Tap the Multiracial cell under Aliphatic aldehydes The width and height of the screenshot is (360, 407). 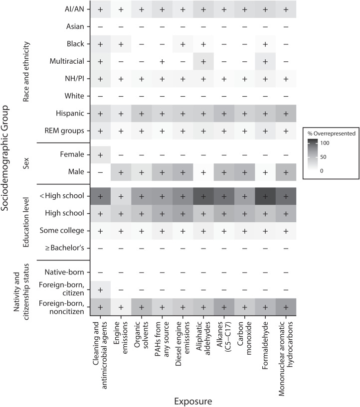click(202, 61)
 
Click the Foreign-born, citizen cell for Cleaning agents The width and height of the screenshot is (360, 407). click(100, 290)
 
